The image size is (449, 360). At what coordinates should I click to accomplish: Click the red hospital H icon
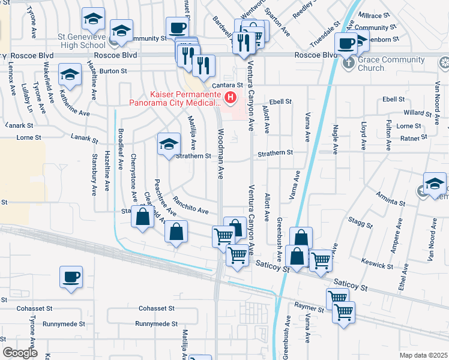[x=229, y=97]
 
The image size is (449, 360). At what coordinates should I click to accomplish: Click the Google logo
[x=20, y=353]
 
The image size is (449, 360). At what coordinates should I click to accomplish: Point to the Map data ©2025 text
[x=423, y=355]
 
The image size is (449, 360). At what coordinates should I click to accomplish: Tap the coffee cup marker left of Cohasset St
[x=71, y=277]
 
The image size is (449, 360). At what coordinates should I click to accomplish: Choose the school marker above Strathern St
[x=169, y=143]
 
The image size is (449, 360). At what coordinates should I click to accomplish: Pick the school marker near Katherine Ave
[x=70, y=75]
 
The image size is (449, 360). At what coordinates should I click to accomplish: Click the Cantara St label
[x=231, y=86]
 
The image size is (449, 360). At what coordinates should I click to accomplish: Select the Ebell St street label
[x=280, y=102]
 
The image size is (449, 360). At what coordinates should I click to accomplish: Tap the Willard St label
[x=414, y=112]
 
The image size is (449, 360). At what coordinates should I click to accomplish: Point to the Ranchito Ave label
[x=190, y=206]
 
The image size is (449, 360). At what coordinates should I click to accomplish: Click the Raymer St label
[x=309, y=305]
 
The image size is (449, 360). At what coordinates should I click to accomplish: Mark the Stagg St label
[x=360, y=223]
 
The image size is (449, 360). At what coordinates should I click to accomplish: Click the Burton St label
[x=113, y=71]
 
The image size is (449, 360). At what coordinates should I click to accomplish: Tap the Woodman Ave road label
[x=221, y=154]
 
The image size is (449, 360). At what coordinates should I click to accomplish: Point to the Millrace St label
[x=374, y=15]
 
